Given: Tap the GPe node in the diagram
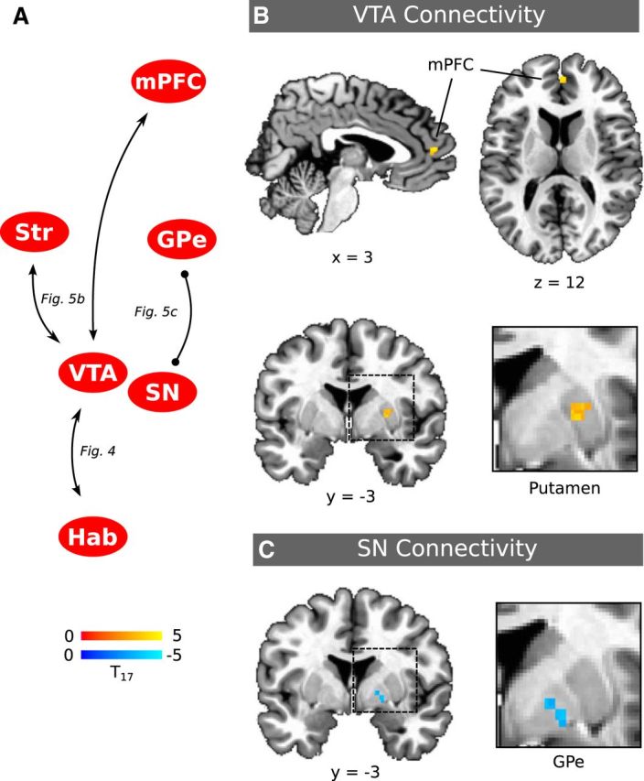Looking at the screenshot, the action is tap(181, 242).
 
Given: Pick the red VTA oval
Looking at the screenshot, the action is tap(90, 372).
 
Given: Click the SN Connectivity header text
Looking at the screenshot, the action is tap(447, 549).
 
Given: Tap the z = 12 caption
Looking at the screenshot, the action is tap(559, 283).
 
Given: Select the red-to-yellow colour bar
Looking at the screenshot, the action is tap(122, 635).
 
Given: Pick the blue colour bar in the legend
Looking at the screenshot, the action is tap(122, 654).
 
